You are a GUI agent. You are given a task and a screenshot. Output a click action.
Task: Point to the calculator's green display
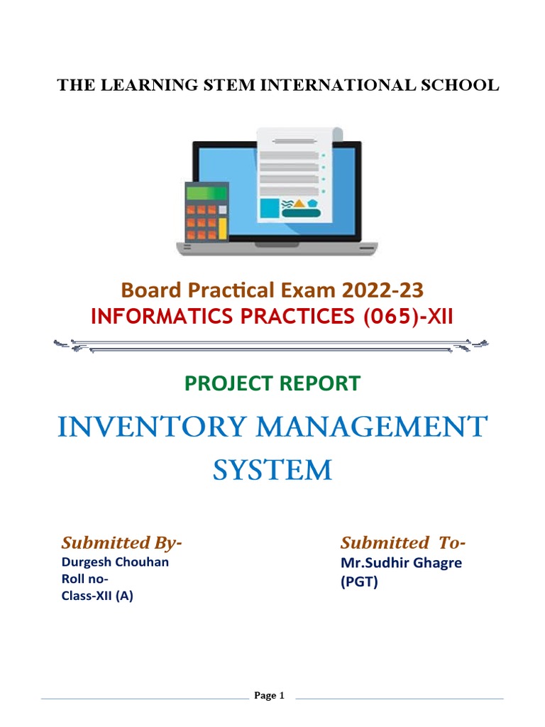[x=206, y=192]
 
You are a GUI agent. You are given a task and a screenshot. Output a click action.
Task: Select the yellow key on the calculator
[x=222, y=228]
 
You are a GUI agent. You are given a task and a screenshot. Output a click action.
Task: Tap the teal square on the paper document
[x=269, y=207]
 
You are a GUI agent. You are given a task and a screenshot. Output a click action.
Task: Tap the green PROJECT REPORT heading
[x=272, y=383]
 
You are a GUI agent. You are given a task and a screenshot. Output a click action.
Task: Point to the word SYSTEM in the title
[x=272, y=469]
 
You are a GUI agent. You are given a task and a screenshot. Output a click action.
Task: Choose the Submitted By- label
[x=122, y=543]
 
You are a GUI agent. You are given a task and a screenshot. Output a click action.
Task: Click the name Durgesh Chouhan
[x=115, y=562]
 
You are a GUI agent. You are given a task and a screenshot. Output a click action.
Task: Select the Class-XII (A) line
[x=97, y=596]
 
